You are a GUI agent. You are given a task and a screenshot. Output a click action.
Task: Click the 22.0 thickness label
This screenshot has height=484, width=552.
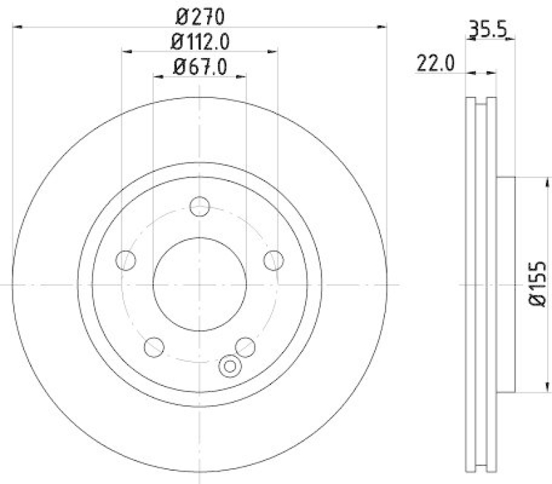tap(435, 64)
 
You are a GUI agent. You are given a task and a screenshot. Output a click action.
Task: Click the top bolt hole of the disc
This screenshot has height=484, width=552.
tap(199, 205)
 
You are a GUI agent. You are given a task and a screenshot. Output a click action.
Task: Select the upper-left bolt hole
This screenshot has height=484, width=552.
tap(126, 260)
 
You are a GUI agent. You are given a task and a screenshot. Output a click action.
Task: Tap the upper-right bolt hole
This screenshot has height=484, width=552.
tap(273, 260)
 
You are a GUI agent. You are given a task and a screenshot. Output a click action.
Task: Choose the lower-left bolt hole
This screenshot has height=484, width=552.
tap(154, 346)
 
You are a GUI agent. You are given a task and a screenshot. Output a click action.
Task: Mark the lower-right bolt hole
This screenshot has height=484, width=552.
tap(245, 346)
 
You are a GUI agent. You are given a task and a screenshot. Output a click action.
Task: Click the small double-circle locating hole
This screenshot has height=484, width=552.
tap(228, 367)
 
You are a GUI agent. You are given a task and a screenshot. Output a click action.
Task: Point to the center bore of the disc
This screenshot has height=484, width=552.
tap(199, 284)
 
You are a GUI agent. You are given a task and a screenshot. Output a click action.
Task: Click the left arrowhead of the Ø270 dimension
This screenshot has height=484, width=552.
tap(17, 26)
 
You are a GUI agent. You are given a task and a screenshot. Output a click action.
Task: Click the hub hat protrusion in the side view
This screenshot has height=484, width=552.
tap(506, 283)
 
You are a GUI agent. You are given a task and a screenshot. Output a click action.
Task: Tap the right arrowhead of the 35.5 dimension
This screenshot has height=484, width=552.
tap(511, 39)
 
